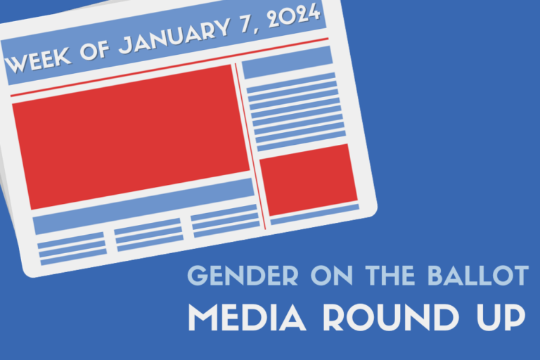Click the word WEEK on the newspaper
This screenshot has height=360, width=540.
point(38,58)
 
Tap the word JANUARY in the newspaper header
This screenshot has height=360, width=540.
point(174,34)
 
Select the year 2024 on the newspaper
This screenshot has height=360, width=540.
point(294,15)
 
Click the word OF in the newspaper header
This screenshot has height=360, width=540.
point(95,49)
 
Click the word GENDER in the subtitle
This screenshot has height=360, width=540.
point(243,276)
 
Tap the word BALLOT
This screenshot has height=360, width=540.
point(478,276)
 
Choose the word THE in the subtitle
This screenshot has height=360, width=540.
point(390,276)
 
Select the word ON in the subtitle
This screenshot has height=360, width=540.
point(332,276)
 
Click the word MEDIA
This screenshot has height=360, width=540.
point(247,317)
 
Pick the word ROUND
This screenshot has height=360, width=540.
point(390,317)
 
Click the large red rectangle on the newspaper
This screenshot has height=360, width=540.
point(131,137)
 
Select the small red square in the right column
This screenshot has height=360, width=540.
point(309,180)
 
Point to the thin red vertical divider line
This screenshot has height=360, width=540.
point(250,146)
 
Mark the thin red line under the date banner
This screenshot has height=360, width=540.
point(169,67)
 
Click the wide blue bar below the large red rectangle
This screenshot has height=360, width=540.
point(143,206)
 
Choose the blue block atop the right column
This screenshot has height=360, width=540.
point(287,63)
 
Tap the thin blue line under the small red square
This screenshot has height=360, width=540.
point(315,214)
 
